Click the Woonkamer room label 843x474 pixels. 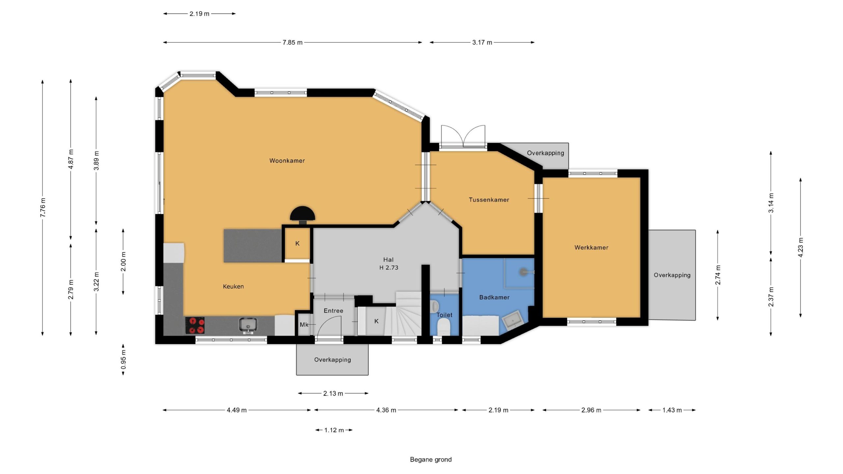pyautogui.click(x=287, y=161)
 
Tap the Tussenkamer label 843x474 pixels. pyautogui.click(x=489, y=200)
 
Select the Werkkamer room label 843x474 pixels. pyautogui.click(x=591, y=248)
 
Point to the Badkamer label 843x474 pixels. pyautogui.click(x=494, y=297)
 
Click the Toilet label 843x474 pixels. pyautogui.click(x=445, y=315)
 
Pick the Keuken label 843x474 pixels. pyautogui.click(x=233, y=286)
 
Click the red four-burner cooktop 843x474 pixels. pyautogui.click(x=195, y=326)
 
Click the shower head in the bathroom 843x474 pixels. pyautogui.click(x=524, y=272)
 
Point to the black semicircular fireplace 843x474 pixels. pyautogui.click(x=302, y=214)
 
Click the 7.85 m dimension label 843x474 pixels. pyautogui.click(x=292, y=42)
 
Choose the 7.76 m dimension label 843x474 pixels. pyautogui.click(x=42, y=207)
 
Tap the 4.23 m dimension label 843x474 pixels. pyautogui.click(x=801, y=247)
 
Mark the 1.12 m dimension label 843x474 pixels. pyautogui.click(x=334, y=430)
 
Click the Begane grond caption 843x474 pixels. pyautogui.click(x=431, y=460)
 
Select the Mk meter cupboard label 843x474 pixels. pyautogui.click(x=304, y=325)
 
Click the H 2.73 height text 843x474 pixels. pyautogui.click(x=389, y=268)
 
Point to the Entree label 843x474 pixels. pyautogui.click(x=333, y=311)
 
